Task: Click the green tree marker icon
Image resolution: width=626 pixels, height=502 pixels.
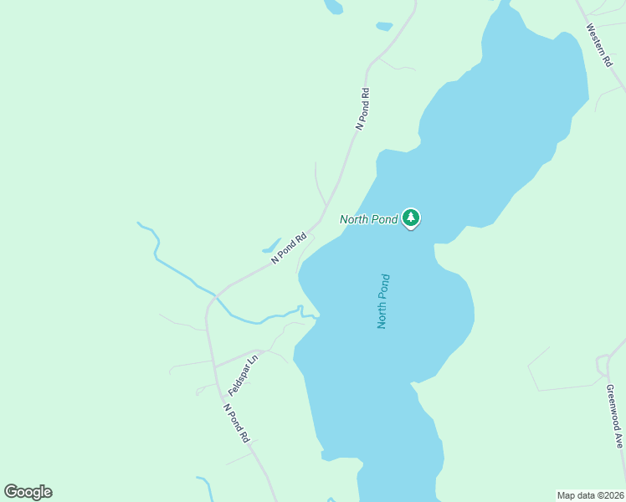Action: pyautogui.click(x=410, y=218)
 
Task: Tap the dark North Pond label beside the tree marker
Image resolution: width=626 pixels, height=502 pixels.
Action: pyautogui.click(x=368, y=220)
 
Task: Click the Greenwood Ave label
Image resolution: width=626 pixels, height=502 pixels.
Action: pyautogui.click(x=614, y=417)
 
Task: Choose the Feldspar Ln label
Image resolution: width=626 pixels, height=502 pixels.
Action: pyautogui.click(x=243, y=374)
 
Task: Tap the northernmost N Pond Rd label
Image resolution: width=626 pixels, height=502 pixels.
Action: pyautogui.click(x=362, y=109)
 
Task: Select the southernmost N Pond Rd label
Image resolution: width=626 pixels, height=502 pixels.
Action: pyautogui.click(x=237, y=423)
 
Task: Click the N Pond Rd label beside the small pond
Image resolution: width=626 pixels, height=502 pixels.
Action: pyautogui.click(x=290, y=248)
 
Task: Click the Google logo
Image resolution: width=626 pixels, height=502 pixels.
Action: pyautogui.click(x=28, y=492)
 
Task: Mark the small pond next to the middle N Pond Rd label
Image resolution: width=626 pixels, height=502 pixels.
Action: pyautogui.click(x=271, y=247)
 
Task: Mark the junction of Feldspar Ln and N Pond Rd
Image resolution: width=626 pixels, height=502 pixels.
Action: pyautogui.click(x=215, y=367)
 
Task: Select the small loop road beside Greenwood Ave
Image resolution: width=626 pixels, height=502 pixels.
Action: pyautogui.click(x=602, y=365)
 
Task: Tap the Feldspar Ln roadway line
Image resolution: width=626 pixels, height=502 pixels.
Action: pyautogui.click(x=239, y=357)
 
